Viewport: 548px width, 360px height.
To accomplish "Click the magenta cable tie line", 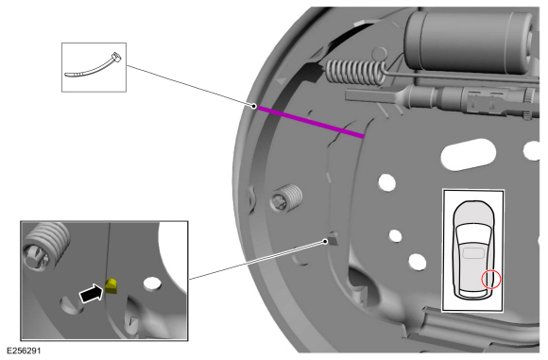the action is click(310, 122).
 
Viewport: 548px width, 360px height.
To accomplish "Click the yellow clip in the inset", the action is click(111, 285).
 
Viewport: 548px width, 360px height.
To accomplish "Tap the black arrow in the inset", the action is click(92, 293).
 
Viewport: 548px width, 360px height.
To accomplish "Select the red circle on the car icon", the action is click(491, 280).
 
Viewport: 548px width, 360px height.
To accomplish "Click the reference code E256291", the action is click(24, 351).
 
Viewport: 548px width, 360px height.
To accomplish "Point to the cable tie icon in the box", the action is click(93, 65).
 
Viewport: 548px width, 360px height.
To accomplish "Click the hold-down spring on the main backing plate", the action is click(286, 198).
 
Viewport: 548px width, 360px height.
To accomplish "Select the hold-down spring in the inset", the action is click(45, 246).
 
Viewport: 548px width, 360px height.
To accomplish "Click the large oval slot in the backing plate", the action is click(469, 154).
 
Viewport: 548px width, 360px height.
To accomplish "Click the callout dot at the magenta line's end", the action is click(254, 106).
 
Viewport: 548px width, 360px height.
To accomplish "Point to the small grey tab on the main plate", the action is click(333, 238).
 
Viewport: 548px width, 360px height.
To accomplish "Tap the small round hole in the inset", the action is click(152, 283).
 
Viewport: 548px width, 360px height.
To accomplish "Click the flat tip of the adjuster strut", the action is click(370, 94).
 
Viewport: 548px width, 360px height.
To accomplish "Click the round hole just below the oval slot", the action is click(386, 182).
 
